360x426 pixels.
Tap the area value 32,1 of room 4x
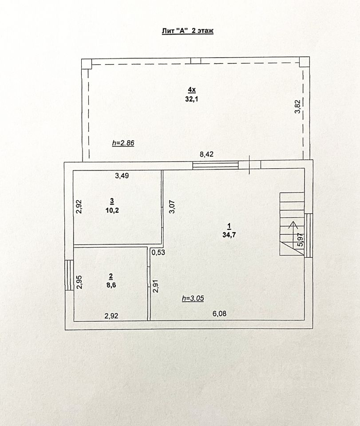click(191, 99)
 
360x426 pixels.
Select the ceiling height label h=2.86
click(123, 143)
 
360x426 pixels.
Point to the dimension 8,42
click(206, 155)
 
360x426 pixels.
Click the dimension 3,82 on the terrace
click(298, 107)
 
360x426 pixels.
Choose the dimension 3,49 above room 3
click(122, 175)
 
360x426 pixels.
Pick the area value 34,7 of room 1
click(229, 235)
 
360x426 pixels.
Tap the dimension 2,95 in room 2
click(79, 282)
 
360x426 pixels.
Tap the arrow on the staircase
click(293, 225)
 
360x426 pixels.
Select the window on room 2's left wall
click(69, 275)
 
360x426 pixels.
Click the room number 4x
click(191, 91)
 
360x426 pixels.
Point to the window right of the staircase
click(309, 235)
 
